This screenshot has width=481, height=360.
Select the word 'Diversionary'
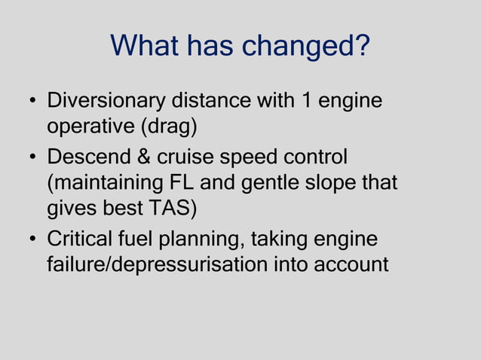(107, 101)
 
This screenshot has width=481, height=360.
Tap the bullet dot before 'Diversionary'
(33, 102)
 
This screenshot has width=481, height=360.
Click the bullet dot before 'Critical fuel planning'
(33, 241)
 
